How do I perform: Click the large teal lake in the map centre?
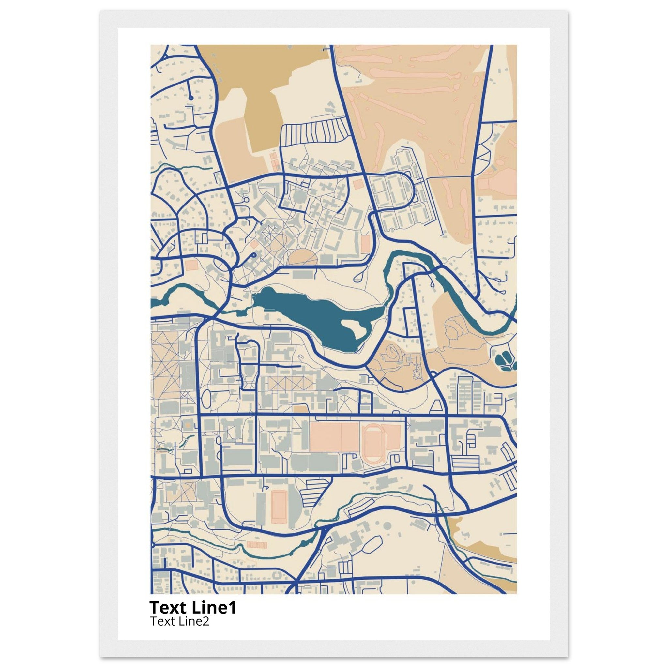click(311, 315)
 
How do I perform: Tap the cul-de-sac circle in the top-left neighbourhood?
click(190, 98)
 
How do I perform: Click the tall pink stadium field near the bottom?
click(278, 508)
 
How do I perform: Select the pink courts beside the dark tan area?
click(274, 164)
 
